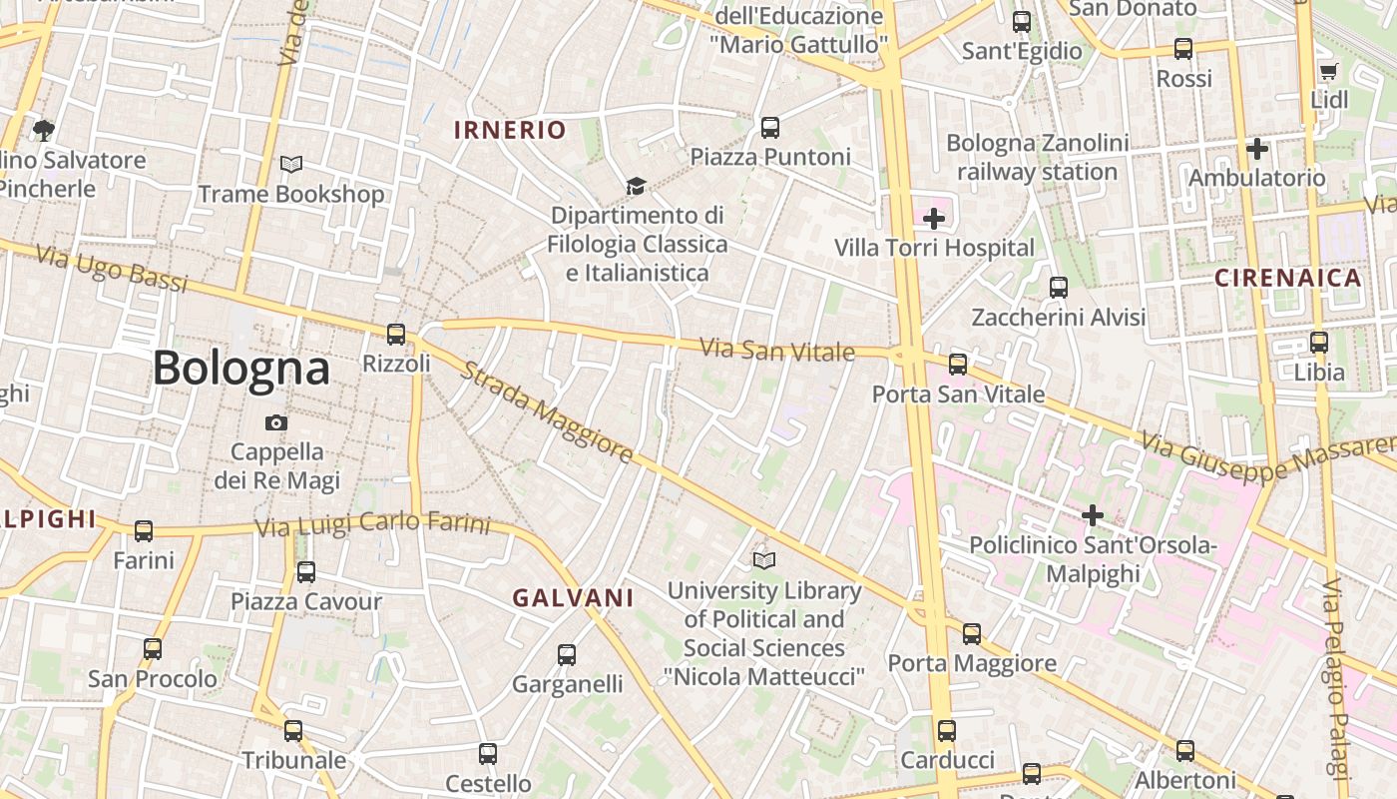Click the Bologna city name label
pos(240,369)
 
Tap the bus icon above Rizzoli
pos(396,335)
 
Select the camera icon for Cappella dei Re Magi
pos(276,423)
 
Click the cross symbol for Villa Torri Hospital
pos(934,219)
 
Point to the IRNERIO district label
pos(510,130)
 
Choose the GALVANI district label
pos(573,598)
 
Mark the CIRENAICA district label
pos(1288,279)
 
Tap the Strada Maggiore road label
pos(546,412)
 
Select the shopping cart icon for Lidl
pos(1328,72)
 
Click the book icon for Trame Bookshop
pos(291,165)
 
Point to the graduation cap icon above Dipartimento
pos(636,186)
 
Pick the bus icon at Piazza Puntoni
pos(770,128)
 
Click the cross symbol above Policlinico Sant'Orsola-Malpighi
pos(1093,515)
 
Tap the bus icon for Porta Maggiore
pos(972,634)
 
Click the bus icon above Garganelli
pos(567,655)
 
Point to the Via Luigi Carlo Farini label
pos(373,524)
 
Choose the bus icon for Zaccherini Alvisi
pos(1059,288)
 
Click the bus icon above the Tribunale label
pos(293,731)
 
